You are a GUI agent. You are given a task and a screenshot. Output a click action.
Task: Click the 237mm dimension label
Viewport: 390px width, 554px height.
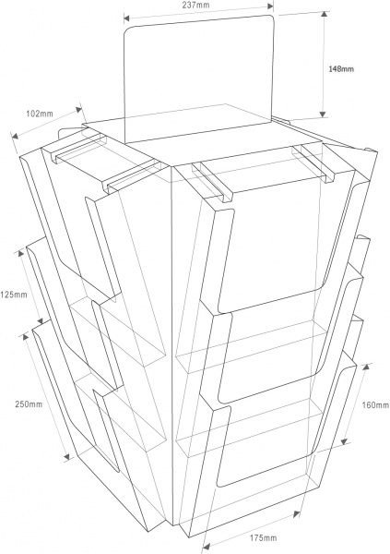click(x=195, y=5)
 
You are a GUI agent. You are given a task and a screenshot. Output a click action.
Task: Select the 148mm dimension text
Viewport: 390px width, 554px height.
click(x=341, y=69)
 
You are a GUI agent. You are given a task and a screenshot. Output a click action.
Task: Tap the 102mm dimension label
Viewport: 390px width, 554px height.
click(x=40, y=114)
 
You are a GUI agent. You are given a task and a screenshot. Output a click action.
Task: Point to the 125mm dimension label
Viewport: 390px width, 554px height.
click(x=14, y=294)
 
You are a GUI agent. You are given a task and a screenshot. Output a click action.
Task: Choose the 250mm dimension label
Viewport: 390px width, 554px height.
click(x=29, y=404)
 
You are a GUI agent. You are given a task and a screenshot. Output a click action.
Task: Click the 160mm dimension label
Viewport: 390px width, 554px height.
click(x=375, y=405)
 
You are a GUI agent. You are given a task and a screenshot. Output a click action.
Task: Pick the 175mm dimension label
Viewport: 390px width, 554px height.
click(x=264, y=538)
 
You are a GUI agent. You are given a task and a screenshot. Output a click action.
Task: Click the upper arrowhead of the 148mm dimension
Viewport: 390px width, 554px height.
click(x=323, y=15)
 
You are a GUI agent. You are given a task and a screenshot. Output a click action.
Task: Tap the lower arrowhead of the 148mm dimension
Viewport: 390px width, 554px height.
click(x=323, y=114)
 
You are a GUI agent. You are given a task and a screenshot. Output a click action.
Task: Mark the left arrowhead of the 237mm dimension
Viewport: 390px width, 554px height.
click(x=127, y=18)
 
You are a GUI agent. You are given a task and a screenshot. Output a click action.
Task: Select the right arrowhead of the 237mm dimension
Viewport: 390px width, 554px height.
click(x=270, y=6)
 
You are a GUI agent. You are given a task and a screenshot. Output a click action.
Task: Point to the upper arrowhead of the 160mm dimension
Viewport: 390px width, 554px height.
click(x=366, y=367)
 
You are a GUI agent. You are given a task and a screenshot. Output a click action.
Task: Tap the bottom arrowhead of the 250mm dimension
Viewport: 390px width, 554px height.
click(x=67, y=457)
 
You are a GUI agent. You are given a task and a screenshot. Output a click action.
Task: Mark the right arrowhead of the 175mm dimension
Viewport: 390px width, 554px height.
click(x=296, y=514)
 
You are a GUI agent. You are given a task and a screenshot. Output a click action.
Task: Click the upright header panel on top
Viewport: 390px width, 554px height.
click(x=199, y=78)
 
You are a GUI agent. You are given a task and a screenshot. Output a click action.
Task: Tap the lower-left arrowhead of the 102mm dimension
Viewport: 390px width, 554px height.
click(x=16, y=136)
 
